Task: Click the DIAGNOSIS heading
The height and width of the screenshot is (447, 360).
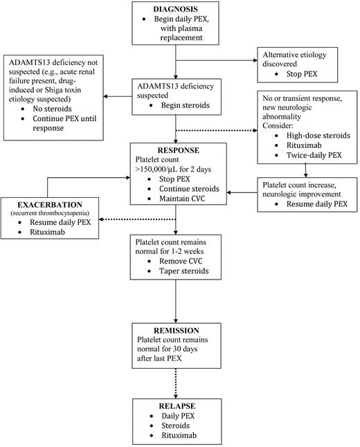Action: [x=177, y=9]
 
